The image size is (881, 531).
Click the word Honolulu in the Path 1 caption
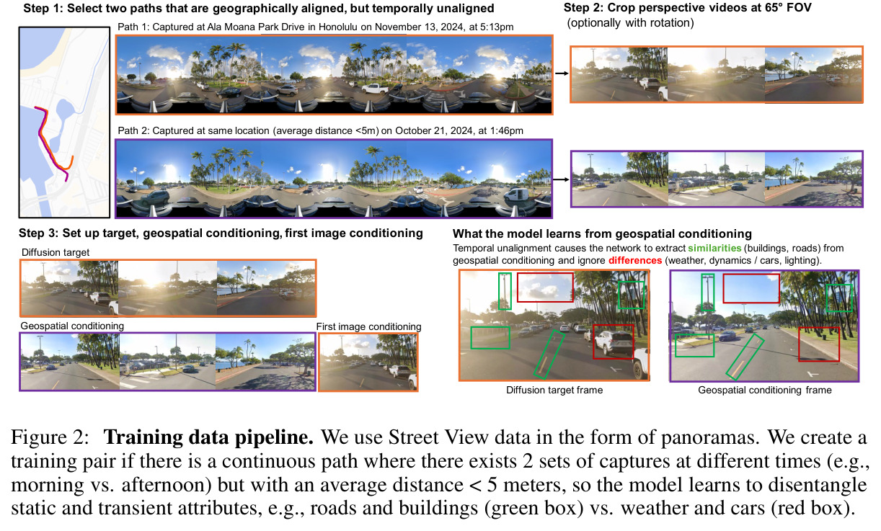338,27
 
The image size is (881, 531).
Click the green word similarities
714,248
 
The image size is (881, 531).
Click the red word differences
634,260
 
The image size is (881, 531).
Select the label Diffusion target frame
554,390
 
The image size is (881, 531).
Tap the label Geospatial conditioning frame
765,390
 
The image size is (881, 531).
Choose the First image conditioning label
368,326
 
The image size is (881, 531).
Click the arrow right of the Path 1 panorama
562,73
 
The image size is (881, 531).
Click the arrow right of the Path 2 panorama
561,179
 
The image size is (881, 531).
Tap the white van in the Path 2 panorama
516,195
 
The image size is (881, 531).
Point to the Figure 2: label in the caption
50,437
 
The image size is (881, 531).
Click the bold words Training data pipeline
208,437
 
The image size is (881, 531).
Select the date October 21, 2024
433,131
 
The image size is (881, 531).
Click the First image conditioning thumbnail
368,362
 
